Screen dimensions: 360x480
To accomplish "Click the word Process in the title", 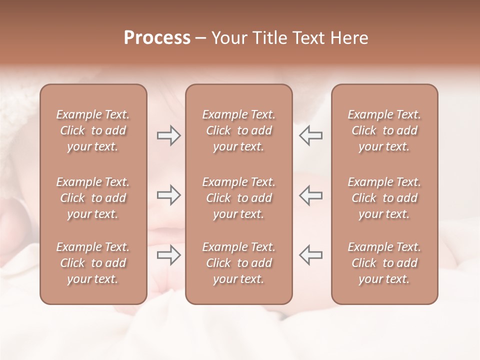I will [x=157, y=38].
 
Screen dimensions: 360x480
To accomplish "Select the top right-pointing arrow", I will [x=168, y=135].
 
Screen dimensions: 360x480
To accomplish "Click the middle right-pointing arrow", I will [x=168, y=195].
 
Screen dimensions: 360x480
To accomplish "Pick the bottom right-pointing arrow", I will [x=168, y=255].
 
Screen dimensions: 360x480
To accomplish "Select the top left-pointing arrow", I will [x=310, y=135].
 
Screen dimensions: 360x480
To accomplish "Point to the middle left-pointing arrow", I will [x=310, y=195].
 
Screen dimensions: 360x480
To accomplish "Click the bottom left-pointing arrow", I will [x=310, y=255].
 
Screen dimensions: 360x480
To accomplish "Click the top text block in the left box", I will [x=93, y=130].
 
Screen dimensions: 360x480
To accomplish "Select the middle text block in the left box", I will [x=93, y=198].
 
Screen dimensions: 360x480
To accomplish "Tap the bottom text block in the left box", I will [x=93, y=263].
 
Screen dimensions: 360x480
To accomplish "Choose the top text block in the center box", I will [x=238, y=130].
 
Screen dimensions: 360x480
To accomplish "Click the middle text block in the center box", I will [x=238, y=198].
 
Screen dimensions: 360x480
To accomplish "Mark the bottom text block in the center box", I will [x=238, y=263].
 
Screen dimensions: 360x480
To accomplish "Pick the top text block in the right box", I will [x=384, y=130].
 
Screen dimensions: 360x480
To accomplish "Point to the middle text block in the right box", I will [x=384, y=198].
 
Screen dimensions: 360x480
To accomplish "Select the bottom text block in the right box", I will [x=384, y=263].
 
